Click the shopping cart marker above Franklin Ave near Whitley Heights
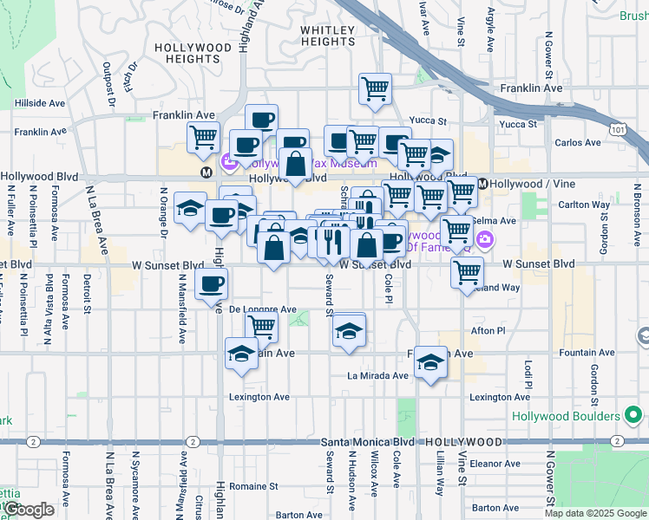click(x=375, y=88)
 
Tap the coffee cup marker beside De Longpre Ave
click(x=211, y=283)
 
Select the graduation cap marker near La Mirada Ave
click(x=430, y=362)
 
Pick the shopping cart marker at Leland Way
click(x=468, y=272)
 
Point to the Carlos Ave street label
click(x=578, y=143)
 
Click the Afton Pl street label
click(x=487, y=330)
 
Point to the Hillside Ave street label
click(x=40, y=102)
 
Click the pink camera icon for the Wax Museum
click(x=230, y=160)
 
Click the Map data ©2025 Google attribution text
click(x=594, y=513)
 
